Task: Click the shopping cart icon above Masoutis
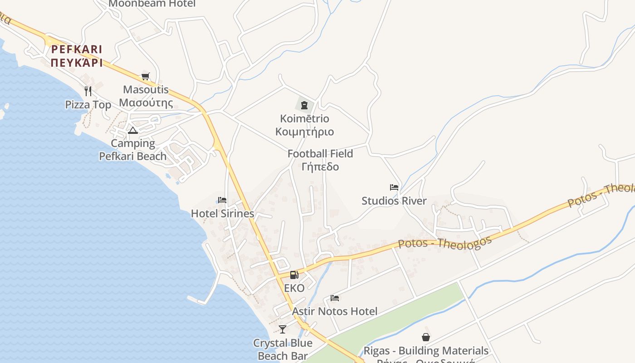click(145, 76)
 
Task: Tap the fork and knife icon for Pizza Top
click(88, 91)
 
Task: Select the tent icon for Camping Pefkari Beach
click(132, 131)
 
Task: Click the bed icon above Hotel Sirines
click(222, 200)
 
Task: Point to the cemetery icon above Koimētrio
click(304, 105)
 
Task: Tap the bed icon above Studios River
click(394, 187)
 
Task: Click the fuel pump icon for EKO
click(294, 275)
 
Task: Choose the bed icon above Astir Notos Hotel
click(335, 298)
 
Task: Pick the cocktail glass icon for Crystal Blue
click(283, 329)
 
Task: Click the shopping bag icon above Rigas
click(426, 337)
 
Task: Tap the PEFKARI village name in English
click(77, 49)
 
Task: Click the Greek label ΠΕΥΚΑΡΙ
click(77, 63)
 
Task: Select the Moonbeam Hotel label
click(152, 4)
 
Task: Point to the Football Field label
click(320, 154)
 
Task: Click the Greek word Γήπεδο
click(320, 167)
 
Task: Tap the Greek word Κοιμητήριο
click(304, 132)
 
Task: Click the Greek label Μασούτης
click(146, 103)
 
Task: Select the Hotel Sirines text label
click(222, 213)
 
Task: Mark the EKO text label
click(294, 288)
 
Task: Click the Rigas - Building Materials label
click(426, 351)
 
